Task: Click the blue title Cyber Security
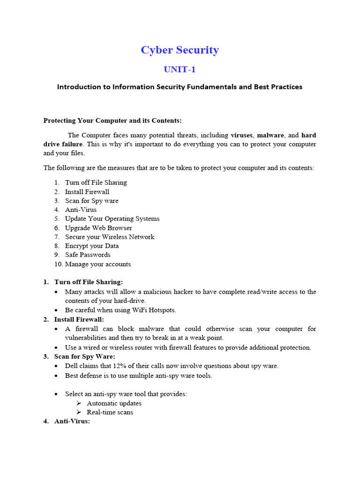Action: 180,50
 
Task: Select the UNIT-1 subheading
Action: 180,69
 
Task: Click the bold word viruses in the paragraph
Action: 242,135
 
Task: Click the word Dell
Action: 72,366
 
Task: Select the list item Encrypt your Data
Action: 92,246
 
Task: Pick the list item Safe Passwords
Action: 88,255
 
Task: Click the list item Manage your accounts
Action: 98,264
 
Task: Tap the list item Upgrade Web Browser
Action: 98,228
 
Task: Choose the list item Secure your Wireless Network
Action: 110,237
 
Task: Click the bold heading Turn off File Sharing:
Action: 89,282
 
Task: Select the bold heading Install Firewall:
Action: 79,320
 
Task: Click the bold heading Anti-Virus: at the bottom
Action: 72,421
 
